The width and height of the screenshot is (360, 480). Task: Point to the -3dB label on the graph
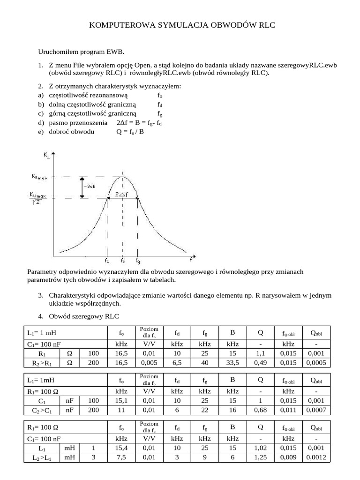91,186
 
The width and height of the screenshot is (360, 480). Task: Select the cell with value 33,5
232,362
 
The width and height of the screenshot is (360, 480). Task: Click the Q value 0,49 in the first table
260,362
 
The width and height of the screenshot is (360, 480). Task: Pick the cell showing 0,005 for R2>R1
149,362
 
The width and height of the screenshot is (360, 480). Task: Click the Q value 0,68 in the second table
260,411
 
